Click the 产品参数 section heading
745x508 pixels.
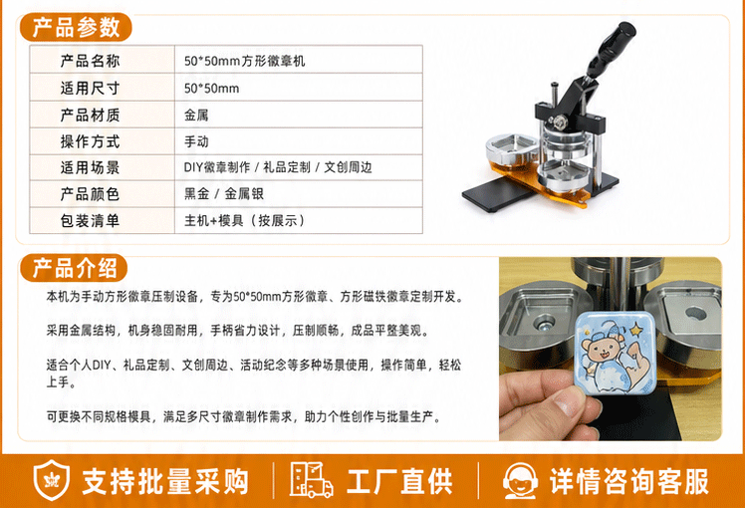(x=76, y=28)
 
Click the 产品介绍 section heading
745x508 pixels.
(x=75, y=269)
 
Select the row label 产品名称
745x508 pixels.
(x=90, y=61)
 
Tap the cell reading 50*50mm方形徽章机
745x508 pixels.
(x=244, y=61)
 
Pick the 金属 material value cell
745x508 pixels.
(x=196, y=115)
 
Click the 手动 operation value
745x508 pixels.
(x=196, y=141)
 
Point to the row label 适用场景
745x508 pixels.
(x=90, y=167)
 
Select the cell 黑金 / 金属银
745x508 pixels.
(x=224, y=194)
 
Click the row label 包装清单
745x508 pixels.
(x=90, y=221)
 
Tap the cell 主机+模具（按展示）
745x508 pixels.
(x=244, y=221)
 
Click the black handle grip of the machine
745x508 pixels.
(x=611, y=44)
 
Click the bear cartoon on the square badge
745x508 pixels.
(x=601, y=352)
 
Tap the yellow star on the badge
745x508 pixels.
(x=635, y=329)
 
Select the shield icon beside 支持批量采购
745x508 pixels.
(x=52, y=480)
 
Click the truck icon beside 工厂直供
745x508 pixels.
(x=311, y=480)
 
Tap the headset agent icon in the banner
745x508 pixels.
(x=520, y=481)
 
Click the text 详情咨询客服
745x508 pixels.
(x=629, y=481)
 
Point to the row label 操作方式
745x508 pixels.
(x=90, y=141)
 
